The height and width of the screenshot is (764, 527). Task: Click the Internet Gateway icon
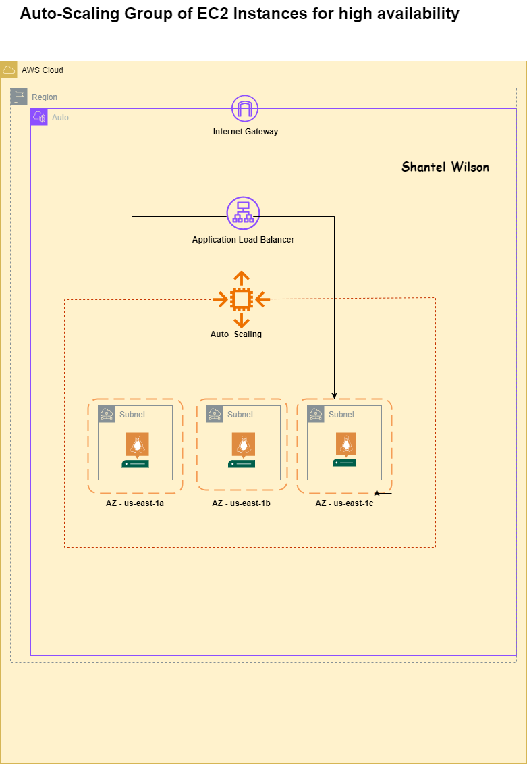point(245,109)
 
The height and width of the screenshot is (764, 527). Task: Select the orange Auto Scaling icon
point(242,298)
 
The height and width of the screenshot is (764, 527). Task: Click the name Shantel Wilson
point(445,167)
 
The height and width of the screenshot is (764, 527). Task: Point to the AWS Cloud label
point(42,70)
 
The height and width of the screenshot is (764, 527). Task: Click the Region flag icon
point(19,97)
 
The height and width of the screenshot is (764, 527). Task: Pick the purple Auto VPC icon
point(39,117)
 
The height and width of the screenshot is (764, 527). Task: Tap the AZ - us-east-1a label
point(135,503)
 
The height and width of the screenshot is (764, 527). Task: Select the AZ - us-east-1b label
point(241,503)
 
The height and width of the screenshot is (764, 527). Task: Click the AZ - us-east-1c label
point(344,503)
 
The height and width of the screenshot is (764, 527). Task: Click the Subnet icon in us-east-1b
point(215,414)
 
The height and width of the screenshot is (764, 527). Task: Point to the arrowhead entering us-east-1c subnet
point(335,396)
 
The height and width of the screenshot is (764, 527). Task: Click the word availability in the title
point(420,14)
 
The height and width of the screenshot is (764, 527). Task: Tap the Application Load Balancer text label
point(243,240)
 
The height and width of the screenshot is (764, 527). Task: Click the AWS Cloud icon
point(9,70)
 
